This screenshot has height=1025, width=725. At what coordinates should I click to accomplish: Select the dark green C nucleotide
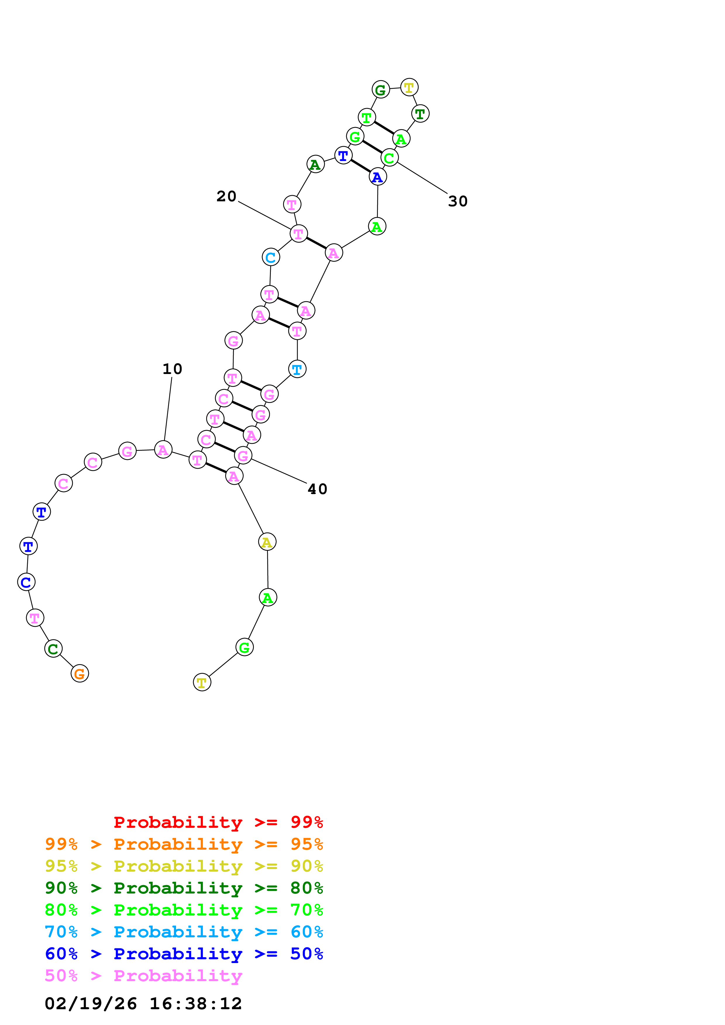(53, 649)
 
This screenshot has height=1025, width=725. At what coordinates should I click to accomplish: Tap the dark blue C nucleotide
(26, 582)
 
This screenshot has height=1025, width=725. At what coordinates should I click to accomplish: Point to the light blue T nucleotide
(297, 369)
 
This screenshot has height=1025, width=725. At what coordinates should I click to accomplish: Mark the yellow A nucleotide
(267, 542)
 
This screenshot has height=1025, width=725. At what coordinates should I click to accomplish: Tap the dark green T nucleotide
(420, 114)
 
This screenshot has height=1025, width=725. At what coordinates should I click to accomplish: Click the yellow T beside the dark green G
(409, 87)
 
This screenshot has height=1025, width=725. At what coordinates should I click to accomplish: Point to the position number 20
(226, 196)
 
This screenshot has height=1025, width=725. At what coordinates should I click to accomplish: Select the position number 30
(457, 201)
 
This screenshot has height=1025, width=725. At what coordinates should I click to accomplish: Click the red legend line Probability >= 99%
(218, 822)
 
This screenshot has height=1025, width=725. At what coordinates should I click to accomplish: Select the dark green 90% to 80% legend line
(184, 888)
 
